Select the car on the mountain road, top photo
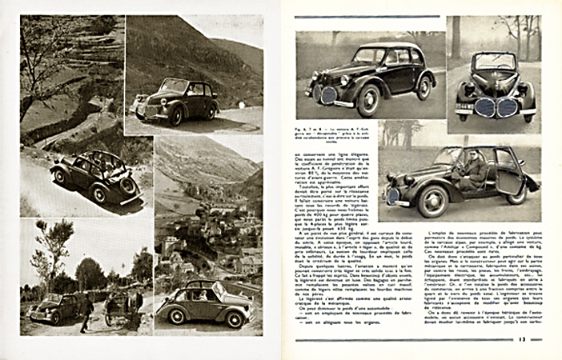[177, 100]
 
